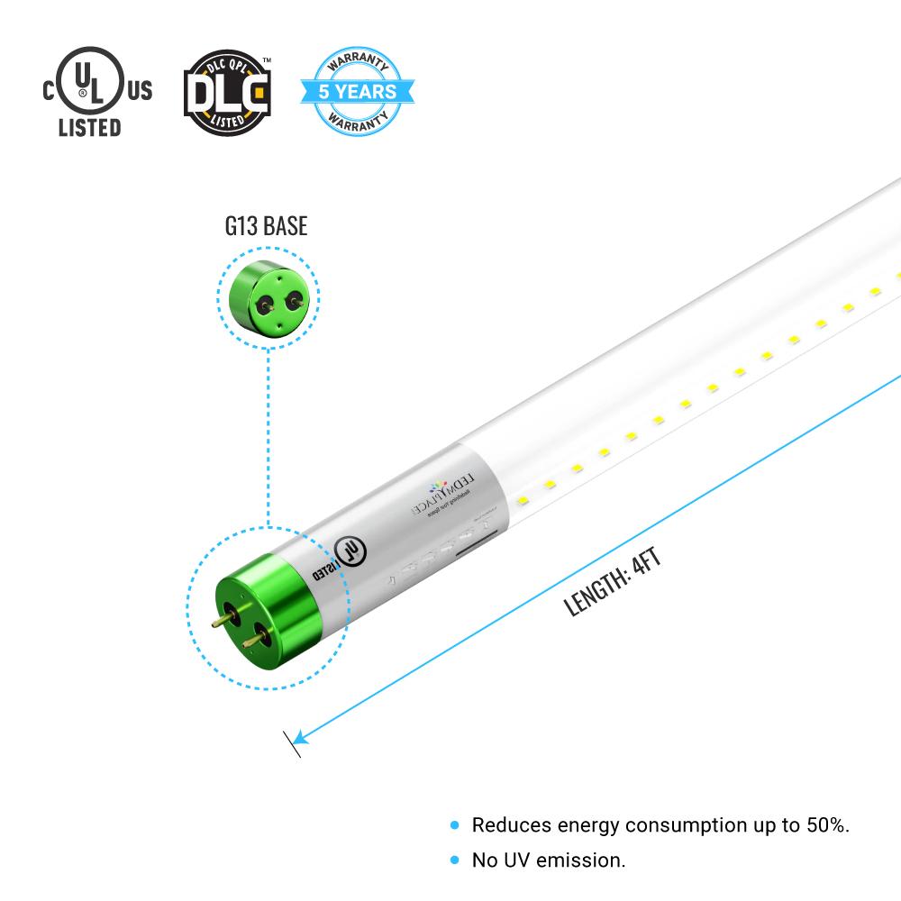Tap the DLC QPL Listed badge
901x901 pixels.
[227, 91]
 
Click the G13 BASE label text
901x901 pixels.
[266, 225]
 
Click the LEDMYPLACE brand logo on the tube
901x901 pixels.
[432, 491]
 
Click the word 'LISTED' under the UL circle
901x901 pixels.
[89, 127]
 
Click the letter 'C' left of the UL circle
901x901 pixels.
[50, 89]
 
